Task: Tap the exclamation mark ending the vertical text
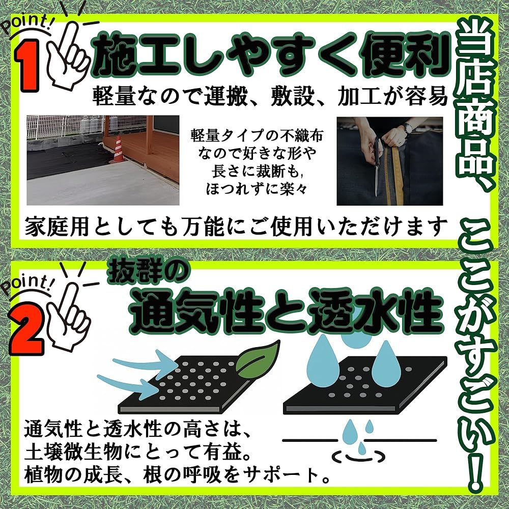coord(475,473)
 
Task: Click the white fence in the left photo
coord(65,128)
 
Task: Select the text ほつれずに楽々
coord(256,189)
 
